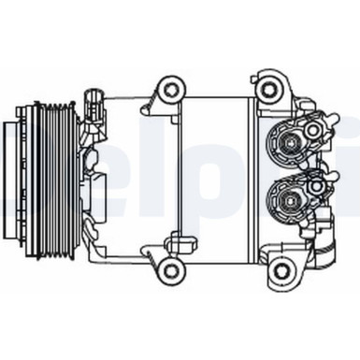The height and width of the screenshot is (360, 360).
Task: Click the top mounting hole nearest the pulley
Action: (170, 90)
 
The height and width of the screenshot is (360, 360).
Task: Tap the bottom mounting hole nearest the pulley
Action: (169, 270)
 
